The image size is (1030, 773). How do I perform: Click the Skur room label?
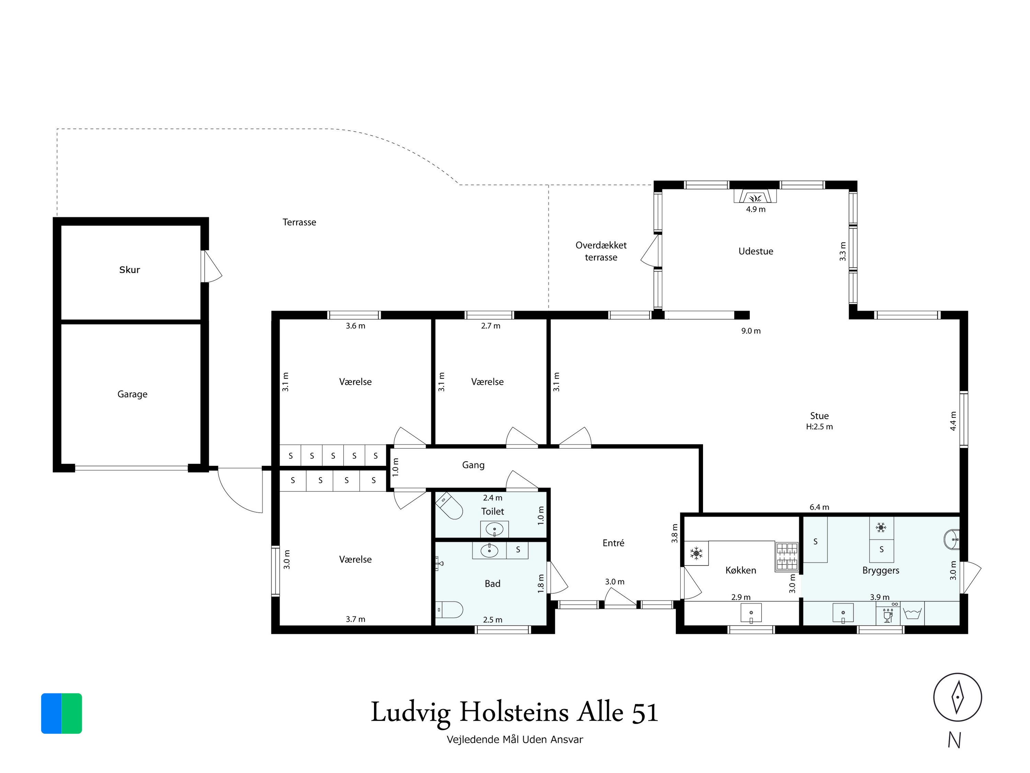tap(129, 270)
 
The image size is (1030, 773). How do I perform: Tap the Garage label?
tap(132, 394)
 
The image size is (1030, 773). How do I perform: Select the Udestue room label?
tap(756, 251)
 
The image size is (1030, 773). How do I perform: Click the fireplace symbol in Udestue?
tap(755, 197)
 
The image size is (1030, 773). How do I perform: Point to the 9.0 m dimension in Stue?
tap(751, 331)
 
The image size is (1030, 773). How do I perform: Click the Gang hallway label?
tap(473, 465)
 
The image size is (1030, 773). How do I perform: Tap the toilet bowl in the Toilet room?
tap(449, 506)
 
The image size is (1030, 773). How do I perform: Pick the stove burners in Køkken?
tap(786, 557)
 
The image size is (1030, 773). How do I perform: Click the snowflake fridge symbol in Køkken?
tap(696, 553)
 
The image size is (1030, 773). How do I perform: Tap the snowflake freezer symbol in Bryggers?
tap(881, 528)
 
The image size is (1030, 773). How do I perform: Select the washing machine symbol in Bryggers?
tap(912, 613)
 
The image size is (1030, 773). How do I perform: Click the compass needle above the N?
tap(957, 697)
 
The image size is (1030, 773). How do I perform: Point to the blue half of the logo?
tap(51, 714)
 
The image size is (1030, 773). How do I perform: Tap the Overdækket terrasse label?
tap(601, 251)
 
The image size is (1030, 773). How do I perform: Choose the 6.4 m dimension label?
tap(819, 507)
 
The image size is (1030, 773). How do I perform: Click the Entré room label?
tap(613, 543)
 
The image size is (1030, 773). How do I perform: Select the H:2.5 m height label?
tap(819, 427)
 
